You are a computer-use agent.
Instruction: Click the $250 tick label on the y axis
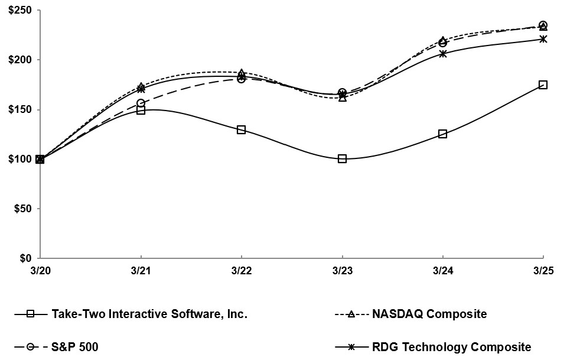click(x=17, y=10)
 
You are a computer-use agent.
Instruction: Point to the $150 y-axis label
click(x=17, y=109)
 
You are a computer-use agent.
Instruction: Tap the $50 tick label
click(x=19, y=209)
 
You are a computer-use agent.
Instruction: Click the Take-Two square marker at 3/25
click(x=543, y=85)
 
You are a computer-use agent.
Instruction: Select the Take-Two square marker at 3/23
click(x=342, y=158)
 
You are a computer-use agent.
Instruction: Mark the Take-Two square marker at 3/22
click(x=241, y=129)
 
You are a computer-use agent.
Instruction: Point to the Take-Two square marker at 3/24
click(x=442, y=134)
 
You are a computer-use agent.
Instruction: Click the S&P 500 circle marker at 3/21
click(x=141, y=103)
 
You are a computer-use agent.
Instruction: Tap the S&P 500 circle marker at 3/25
click(x=543, y=25)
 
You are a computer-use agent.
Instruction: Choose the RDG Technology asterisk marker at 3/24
click(x=442, y=54)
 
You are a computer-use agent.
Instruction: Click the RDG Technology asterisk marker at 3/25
click(x=543, y=39)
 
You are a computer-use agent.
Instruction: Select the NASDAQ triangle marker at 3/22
click(x=241, y=73)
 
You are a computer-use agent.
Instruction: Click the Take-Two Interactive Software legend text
click(x=149, y=314)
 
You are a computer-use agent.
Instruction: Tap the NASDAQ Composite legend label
click(x=429, y=314)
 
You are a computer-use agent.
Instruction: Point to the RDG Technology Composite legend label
click(x=451, y=347)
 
